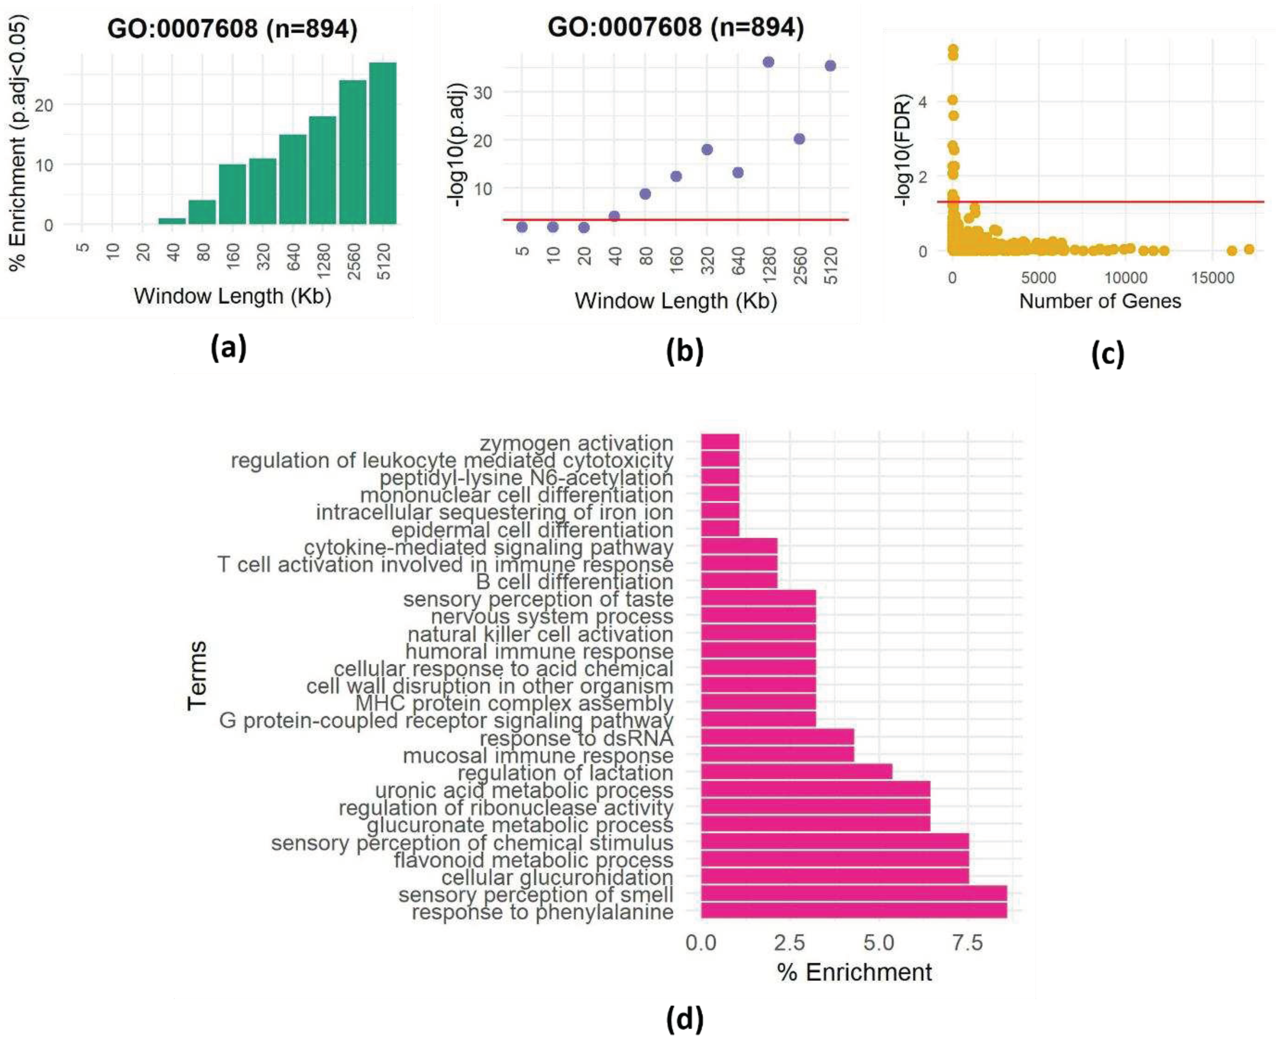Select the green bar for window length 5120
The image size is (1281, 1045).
383,143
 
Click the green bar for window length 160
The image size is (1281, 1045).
232,194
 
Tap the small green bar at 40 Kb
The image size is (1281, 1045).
172,221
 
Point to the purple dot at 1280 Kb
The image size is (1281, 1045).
768,62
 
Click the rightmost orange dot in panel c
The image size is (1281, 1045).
1249,249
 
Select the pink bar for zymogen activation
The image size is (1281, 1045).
720,443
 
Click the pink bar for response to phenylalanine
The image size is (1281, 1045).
854,911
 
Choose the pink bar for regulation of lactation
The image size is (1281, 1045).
796,772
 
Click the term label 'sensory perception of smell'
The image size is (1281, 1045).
536,895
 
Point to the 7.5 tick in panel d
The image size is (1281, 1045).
967,943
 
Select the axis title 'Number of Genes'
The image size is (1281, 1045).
1100,301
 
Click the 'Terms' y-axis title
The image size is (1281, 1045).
197,676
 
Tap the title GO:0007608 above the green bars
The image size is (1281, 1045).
232,28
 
